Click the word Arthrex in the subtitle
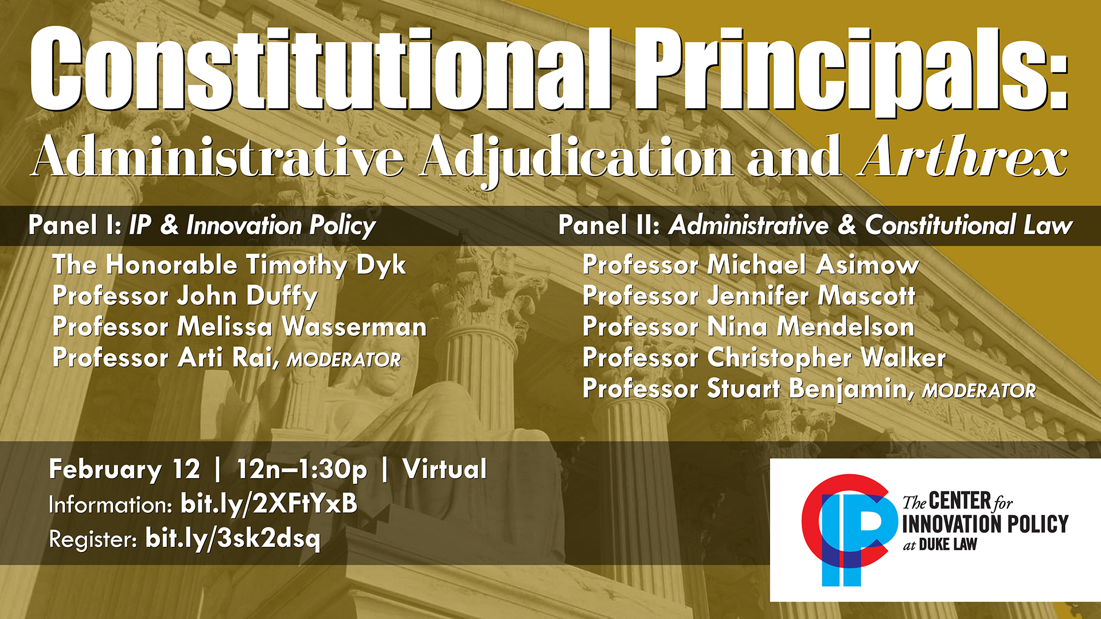(x=963, y=156)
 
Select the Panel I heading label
(x=75, y=225)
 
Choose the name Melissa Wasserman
(x=302, y=327)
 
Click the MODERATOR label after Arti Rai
(x=344, y=360)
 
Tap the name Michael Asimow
(x=813, y=265)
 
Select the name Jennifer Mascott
(x=811, y=296)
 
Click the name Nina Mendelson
(x=811, y=327)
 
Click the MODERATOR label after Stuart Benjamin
(x=979, y=391)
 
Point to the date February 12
(x=124, y=469)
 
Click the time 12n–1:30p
(x=302, y=469)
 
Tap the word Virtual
(x=445, y=468)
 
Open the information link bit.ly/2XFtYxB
(x=269, y=504)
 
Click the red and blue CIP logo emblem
(x=849, y=530)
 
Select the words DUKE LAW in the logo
(x=948, y=544)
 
